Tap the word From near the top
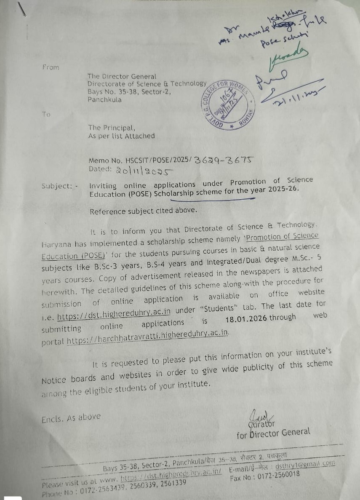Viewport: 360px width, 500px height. point(51,67)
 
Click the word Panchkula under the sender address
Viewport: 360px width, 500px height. point(104,100)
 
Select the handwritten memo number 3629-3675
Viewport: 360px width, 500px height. point(224,159)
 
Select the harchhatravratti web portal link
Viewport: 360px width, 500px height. point(148,332)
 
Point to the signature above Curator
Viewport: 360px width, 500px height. point(256,415)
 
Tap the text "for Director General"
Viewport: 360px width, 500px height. point(273,433)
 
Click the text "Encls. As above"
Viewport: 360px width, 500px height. point(71,418)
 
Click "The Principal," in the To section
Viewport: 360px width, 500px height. point(112,128)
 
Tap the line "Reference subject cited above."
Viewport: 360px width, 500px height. point(143,211)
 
